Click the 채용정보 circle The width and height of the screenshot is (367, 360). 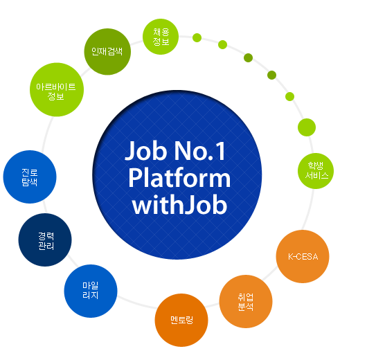click(161, 37)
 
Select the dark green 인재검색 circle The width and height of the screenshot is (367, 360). click(107, 52)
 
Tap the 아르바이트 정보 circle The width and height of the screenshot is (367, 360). click(57, 89)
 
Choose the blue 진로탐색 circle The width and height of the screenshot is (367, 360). click(30, 177)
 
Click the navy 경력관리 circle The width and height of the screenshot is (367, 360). click(45, 240)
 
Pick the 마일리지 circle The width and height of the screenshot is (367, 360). click(91, 291)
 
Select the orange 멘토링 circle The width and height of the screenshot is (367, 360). click(181, 320)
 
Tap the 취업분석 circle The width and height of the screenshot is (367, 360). click(246, 301)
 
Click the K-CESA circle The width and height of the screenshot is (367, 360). click(303, 257)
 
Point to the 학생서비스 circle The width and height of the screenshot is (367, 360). click(316, 171)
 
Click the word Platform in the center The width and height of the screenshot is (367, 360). click(179, 178)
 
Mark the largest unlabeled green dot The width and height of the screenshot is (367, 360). click(307, 127)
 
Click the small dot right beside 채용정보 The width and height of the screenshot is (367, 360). click(197, 37)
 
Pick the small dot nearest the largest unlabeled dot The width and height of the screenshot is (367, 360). click(289, 96)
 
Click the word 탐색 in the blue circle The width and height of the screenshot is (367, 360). click(30, 181)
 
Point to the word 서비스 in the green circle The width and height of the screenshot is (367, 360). click(316, 175)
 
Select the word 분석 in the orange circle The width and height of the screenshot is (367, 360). click(246, 307)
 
